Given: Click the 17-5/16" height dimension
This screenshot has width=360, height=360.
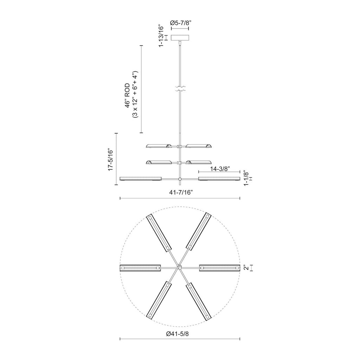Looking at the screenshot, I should [x=110, y=159].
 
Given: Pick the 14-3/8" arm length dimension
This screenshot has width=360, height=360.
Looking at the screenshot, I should [x=220, y=169].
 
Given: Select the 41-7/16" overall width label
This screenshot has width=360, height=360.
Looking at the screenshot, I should [x=180, y=192].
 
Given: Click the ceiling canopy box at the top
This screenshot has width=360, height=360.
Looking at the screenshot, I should [x=180, y=38].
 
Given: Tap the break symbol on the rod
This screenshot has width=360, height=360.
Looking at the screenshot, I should [x=180, y=89].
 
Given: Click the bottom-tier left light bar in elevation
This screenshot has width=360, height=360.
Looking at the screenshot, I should [x=140, y=179].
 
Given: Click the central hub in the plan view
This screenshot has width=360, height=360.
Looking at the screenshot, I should [x=180, y=268].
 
